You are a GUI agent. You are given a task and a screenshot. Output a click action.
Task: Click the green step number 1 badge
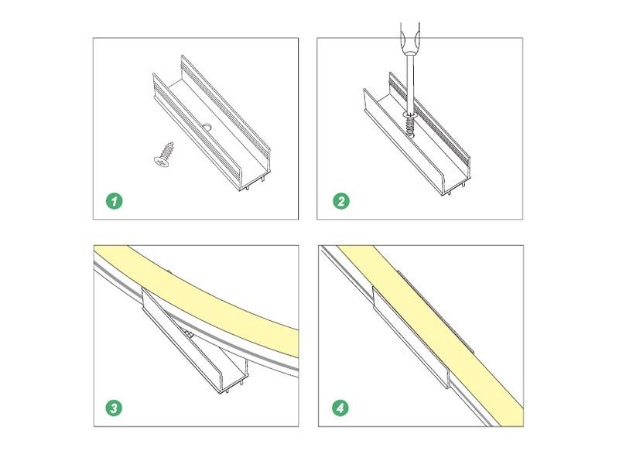(x=114, y=201)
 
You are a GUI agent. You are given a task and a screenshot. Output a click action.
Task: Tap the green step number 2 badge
(x=341, y=201)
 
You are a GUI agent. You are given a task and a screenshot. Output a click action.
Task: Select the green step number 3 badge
(x=114, y=408)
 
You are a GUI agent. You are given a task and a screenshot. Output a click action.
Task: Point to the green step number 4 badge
(x=340, y=408)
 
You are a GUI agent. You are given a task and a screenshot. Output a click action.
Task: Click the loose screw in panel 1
(x=164, y=155)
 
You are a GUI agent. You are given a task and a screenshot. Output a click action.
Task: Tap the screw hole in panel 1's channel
(x=206, y=127)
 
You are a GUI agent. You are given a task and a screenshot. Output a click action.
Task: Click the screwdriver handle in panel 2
(x=410, y=38)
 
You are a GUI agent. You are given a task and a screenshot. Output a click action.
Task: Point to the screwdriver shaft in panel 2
(x=410, y=84)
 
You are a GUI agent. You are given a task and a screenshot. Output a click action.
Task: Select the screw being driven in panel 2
(x=410, y=125)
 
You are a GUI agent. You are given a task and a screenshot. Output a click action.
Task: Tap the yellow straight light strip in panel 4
(x=430, y=336)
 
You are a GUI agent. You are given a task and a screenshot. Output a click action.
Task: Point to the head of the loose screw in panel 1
(x=160, y=162)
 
